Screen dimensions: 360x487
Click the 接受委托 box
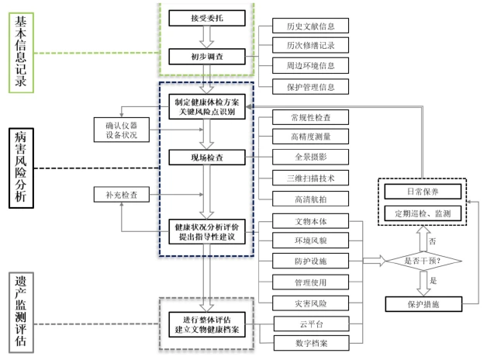[x=206, y=17]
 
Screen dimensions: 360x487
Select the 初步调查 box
[x=206, y=57]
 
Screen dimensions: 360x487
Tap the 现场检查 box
[x=206, y=158]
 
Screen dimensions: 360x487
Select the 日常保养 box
[x=423, y=191]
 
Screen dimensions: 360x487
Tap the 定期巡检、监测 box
[x=423, y=213]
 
